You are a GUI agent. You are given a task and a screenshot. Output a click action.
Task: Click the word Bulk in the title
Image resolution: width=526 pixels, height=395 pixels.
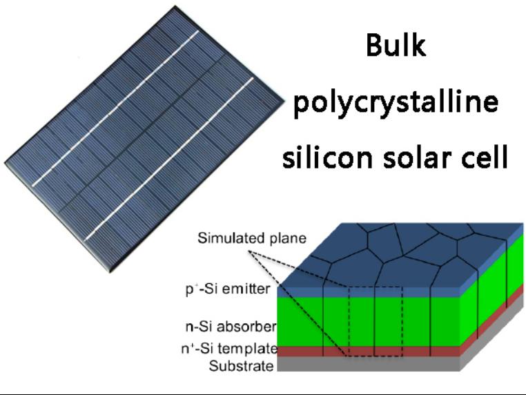[x=396, y=46]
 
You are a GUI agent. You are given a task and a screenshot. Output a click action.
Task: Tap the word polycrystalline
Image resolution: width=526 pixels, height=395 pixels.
[x=396, y=102]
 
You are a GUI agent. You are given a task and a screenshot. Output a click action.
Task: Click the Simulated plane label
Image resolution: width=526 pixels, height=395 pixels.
[x=252, y=238]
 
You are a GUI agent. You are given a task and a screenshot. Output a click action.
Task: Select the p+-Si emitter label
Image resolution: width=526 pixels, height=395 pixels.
[x=228, y=289]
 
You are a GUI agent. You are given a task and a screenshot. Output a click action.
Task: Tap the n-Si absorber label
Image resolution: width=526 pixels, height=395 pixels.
[x=231, y=327]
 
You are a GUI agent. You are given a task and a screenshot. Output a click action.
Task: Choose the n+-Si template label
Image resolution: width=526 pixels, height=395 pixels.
[x=229, y=349]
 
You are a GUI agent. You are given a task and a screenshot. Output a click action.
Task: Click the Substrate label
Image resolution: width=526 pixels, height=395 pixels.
[x=241, y=366]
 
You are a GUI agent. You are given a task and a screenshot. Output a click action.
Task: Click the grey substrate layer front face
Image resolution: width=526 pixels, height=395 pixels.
[x=369, y=364]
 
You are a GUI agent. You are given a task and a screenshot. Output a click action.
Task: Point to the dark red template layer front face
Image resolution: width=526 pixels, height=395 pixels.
[x=369, y=351]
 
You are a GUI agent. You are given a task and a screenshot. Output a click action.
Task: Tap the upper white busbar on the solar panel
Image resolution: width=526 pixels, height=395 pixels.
[x=116, y=108]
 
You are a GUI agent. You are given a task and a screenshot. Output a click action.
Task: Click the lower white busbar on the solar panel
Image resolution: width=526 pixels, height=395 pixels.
[x=169, y=159]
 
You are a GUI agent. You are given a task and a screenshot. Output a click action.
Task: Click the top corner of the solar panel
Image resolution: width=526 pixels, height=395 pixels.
[x=175, y=6]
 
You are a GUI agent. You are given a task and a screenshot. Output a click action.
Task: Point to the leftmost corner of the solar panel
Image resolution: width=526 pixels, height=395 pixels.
[x=5, y=163]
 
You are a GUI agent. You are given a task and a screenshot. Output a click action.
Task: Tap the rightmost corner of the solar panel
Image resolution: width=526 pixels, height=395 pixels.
[x=284, y=100]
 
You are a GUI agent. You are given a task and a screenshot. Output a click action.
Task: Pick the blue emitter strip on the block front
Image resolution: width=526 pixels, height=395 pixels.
[x=369, y=292]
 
